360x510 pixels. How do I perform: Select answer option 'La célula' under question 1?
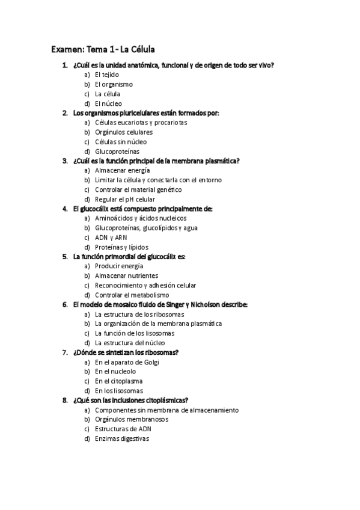[x=108, y=94]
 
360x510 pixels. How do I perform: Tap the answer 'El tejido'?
[x=107, y=75]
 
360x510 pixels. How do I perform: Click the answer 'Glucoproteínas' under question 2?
[x=117, y=151]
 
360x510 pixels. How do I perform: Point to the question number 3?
[x=64, y=161]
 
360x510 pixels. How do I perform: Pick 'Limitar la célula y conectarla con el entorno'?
[x=158, y=180]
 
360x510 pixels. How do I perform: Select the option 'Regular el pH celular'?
[x=125, y=199]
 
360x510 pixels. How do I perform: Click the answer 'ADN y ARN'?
[x=111, y=238]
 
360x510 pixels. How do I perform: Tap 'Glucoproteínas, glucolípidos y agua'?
[x=146, y=228]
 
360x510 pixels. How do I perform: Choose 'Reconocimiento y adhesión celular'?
[x=145, y=285]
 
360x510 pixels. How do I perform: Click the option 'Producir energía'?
[x=119, y=266]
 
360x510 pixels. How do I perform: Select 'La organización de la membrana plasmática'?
[x=158, y=324]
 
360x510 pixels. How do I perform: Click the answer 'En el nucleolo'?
[x=115, y=371]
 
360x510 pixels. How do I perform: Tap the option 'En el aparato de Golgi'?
[x=127, y=362]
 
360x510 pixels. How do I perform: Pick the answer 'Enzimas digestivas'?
[x=121, y=438]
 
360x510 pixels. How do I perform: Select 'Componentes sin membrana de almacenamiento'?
[x=166, y=410]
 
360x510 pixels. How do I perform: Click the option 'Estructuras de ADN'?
[x=123, y=429]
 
